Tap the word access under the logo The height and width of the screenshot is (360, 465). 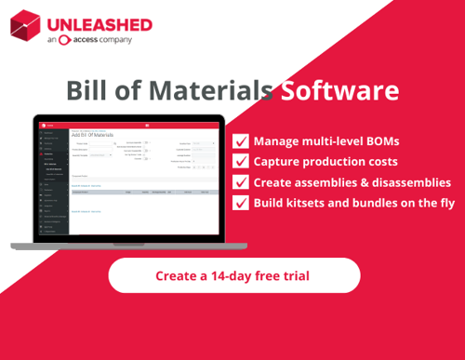click(x=90, y=40)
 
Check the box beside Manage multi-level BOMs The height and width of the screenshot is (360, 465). click(x=241, y=142)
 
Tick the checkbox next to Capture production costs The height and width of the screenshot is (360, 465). click(x=241, y=162)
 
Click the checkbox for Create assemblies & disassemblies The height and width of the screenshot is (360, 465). click(x=241, y=182)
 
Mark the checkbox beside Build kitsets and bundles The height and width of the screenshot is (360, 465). click(x=241, y=203)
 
